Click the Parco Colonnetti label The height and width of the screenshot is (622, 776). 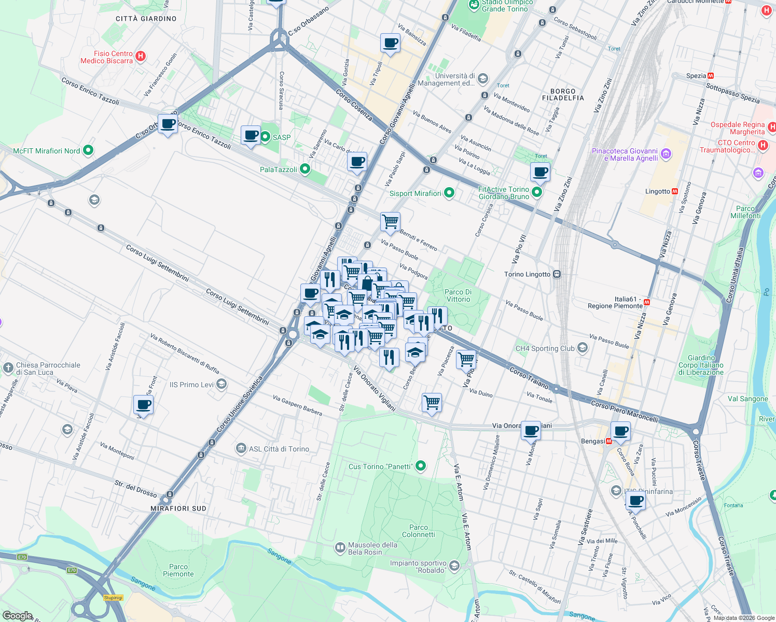point(418,531)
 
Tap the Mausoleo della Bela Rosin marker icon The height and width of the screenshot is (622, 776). point(340,547)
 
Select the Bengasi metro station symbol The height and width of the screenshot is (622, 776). point(609,442)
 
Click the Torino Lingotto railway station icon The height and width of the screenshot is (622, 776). point(557,274)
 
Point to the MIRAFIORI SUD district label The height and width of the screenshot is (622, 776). point(178,508)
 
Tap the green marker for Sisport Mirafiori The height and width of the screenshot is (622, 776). point(449,193)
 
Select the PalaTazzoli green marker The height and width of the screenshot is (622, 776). point(305,169)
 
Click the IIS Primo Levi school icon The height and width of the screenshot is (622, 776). point(221,384)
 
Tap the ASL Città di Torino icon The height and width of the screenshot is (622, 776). point(241,448)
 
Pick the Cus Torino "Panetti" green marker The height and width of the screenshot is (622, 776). point(421,466)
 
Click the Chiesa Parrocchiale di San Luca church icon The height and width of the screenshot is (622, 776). point(8,368)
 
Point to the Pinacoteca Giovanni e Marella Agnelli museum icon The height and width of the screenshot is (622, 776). point(667,154)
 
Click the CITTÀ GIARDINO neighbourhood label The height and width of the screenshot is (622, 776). point(146,19)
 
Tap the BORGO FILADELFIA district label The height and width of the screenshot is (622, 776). point(563,94)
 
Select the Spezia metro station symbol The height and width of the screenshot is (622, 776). point(711,76)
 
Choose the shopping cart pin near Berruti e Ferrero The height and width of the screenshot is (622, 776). point(390,222)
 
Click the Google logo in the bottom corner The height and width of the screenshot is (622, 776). point(18,615)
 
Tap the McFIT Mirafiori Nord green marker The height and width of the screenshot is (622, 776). point(88,150)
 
